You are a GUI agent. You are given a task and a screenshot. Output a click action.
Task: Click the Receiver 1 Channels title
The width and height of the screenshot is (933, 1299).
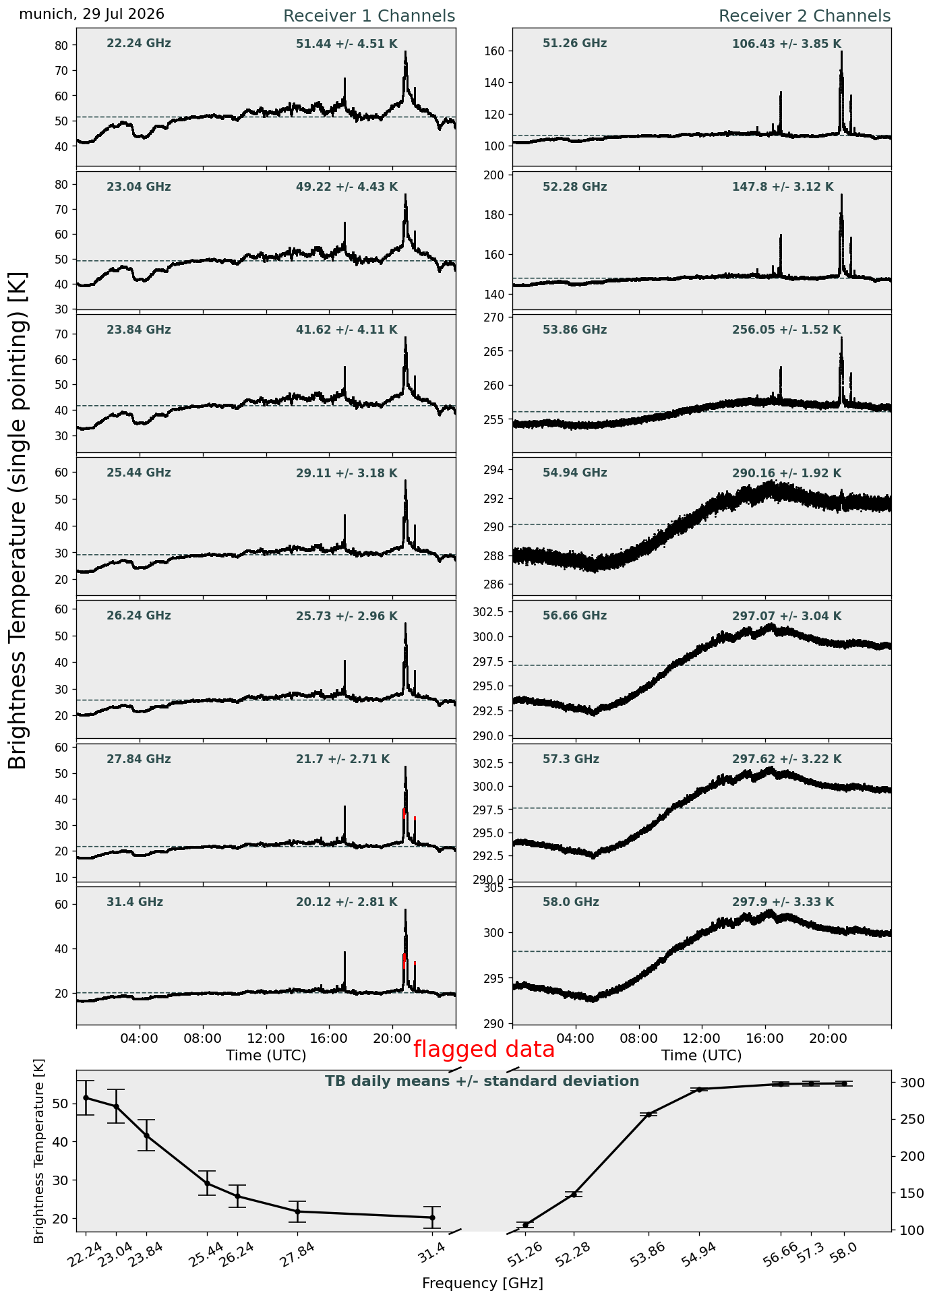(x=369, y=16)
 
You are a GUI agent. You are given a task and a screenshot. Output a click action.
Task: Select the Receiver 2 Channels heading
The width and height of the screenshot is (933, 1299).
(x=805, y=16)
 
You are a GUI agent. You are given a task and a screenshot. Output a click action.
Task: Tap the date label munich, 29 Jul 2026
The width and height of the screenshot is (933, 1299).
(x=92, y=14)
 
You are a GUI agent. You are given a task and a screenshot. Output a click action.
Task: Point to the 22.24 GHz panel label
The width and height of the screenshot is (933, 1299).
(x=139, y=44)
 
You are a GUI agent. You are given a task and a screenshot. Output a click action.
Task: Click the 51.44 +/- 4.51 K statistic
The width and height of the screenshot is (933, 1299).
(x=347, y=44)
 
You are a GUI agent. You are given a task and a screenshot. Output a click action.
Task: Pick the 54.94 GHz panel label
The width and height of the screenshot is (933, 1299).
(x=575, y=473)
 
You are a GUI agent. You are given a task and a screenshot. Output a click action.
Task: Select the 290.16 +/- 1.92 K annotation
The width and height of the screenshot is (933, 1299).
(x=787, y=473)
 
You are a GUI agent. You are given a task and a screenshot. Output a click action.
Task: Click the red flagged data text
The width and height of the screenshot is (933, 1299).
(x=484, y=1050)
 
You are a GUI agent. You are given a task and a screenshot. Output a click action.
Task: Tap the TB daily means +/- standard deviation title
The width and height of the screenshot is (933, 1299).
(x=482, y=1081)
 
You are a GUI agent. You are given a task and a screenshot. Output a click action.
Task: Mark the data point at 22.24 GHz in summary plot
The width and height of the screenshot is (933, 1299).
(x=86, y=1097)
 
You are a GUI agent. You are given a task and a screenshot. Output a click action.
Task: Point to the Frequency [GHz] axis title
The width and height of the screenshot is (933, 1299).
(x=483, y=1283)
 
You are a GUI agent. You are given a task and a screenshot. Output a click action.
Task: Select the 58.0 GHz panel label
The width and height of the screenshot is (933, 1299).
(x=571, y=902)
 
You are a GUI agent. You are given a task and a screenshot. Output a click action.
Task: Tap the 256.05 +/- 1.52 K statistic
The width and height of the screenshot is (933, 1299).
(x=787, y=330)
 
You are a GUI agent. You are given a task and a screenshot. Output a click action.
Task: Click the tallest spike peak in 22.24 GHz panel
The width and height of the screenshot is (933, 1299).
(x=406, y=52)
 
